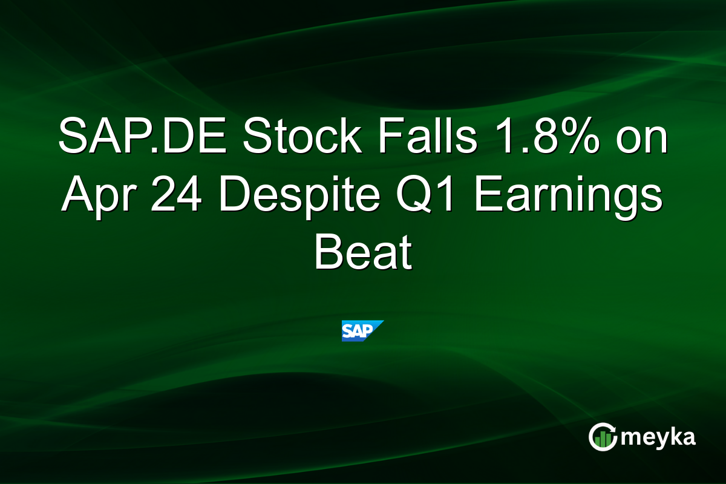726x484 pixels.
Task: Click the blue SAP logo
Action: pyautogui.click(x=362, y=330)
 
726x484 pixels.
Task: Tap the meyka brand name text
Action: pyautogui.click(x=659, y=437)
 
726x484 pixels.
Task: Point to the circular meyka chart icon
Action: pyautogui.click(x=603, y=437)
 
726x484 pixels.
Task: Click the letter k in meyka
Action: pyautogui.click(x=678, y=437)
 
